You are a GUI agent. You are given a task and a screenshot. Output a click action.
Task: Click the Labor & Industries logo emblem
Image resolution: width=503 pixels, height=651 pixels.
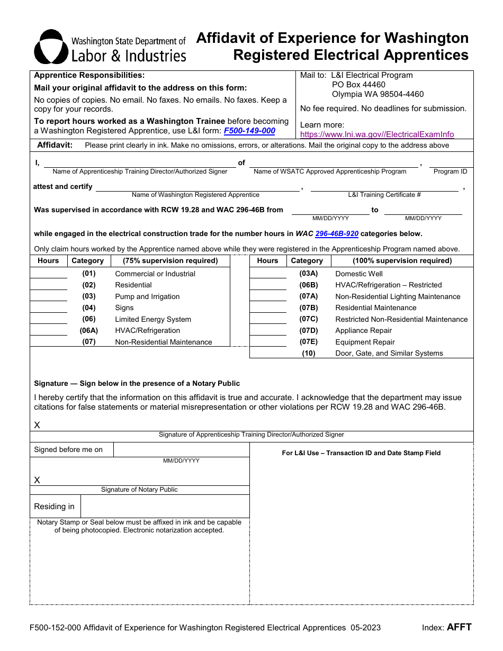[51, 47]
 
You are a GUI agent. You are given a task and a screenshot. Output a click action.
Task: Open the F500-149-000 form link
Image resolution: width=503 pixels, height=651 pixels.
[249, 131]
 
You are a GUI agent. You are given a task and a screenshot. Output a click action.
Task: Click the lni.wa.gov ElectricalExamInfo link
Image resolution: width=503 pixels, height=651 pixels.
[376, 134]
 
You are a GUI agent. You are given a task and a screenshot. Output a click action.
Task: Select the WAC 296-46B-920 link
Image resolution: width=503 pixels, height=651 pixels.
[337, 233]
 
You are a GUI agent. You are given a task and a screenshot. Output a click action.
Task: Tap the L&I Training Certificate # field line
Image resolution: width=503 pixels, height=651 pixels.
[384, 187]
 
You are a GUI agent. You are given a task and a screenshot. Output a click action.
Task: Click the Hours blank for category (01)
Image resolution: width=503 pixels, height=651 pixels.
[49, 274]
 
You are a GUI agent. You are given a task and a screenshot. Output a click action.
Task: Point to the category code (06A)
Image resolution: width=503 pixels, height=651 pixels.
[89, 330]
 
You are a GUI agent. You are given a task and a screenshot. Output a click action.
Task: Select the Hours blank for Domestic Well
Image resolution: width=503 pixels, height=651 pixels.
[268, 274]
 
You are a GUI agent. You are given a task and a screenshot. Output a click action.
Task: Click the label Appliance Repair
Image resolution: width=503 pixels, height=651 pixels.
[364, 330]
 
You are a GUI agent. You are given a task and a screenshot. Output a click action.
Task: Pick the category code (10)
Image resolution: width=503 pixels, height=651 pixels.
[309, 353]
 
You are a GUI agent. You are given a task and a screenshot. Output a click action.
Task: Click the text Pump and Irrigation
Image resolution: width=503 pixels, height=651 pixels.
[147, 296]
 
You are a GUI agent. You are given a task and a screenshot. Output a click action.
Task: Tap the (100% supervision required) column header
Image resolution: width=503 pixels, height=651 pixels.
[402, 260]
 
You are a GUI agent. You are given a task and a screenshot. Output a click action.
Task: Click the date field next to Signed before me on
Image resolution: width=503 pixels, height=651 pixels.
[181, 450]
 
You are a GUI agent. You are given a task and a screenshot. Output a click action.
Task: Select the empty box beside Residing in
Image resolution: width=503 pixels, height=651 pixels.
[165, 507]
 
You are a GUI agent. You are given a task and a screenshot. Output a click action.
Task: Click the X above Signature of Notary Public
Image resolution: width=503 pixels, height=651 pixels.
[37, 480]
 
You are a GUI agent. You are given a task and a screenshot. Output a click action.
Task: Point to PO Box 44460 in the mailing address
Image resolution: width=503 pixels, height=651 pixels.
[358, 85]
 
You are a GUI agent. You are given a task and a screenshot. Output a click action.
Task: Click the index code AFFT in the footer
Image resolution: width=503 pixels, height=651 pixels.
[459, 627]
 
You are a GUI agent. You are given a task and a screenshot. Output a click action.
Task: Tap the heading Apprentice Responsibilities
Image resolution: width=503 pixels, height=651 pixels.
[89, 76]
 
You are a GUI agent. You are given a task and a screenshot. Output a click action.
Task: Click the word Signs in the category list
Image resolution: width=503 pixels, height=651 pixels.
[124, 308]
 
